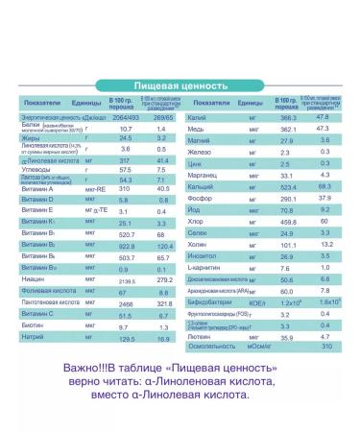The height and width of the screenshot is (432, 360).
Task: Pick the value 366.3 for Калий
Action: click(x=291, y=116)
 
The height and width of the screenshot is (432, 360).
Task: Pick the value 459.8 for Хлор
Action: click(x=291, y=222)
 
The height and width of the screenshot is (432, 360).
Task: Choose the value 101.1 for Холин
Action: click(x=291, y=246)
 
